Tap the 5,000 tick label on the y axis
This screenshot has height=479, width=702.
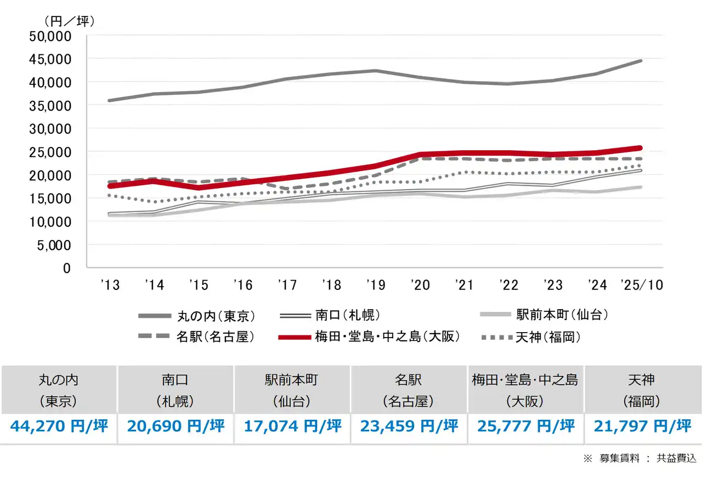[x=55, y=245]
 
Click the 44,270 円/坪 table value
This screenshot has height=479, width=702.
[x=59, y=426]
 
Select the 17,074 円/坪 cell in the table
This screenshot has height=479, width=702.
[x=293, y=426]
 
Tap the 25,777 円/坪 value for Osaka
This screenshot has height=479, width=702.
[x=526, y=426]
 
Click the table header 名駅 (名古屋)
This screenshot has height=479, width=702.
[x=409, y=390]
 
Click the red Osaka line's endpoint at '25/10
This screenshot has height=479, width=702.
[x=640, y=148]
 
